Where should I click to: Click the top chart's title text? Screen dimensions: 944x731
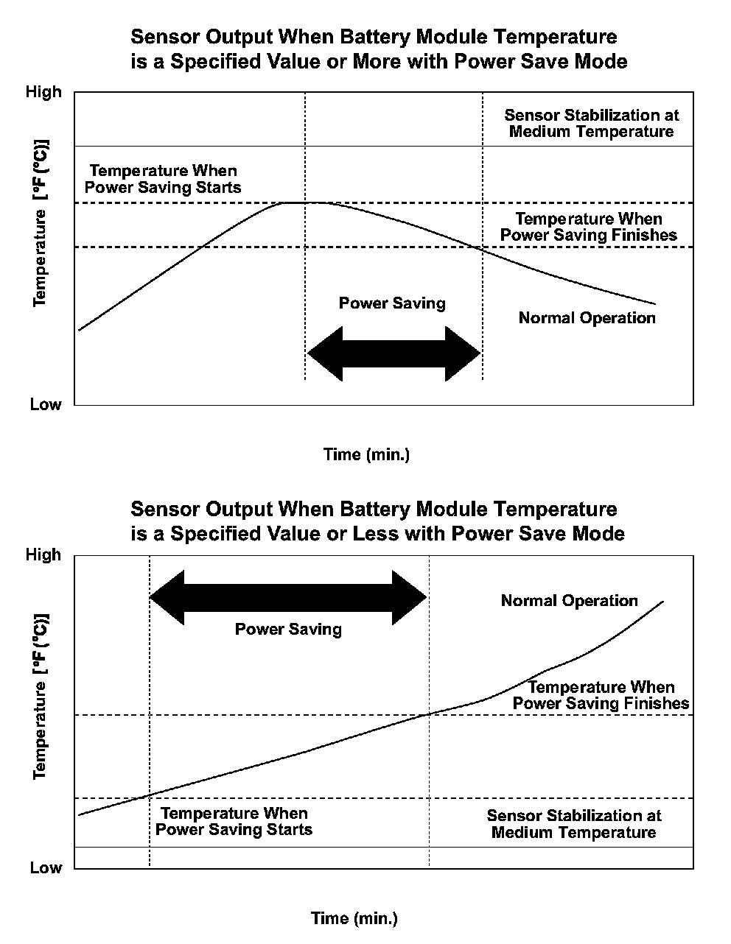379,49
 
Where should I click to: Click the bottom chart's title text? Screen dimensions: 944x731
377,521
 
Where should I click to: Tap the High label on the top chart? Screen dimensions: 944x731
44,92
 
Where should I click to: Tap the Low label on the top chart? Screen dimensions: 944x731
46,405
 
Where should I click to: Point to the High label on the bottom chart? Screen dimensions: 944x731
44,554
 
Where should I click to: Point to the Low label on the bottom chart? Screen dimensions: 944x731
46,868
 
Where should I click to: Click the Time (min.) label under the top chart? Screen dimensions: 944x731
366,454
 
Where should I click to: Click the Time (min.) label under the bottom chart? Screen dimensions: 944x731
354,918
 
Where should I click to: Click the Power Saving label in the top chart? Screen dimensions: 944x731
392,303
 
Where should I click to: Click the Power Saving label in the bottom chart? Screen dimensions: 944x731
288,630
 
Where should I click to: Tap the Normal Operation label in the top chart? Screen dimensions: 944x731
587,318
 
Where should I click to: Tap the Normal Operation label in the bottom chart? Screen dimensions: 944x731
569,601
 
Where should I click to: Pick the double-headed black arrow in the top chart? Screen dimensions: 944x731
394,353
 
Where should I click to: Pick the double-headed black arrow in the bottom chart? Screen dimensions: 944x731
288,596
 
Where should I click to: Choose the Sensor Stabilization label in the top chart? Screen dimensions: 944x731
591,124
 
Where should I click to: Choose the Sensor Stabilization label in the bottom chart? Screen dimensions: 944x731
573,825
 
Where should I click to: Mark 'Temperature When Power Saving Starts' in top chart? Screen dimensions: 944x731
163,179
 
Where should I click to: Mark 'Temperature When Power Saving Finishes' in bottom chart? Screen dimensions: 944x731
601,695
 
